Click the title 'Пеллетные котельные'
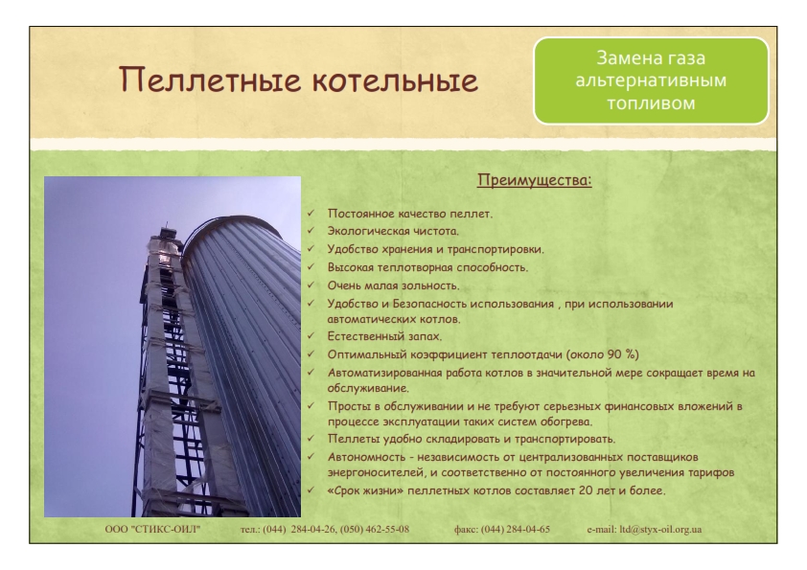(x=298, y=80)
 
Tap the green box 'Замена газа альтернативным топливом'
(x=651, y=80)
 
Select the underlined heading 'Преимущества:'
(x=534, y=180)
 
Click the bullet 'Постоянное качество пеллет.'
(x=409, y=214)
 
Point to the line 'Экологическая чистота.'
(x=393, y=231)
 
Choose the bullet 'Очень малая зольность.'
(x=393, y=285)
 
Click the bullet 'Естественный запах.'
(x=384, y=336)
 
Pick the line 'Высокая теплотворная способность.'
(x=427, y=267)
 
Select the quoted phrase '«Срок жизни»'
(x=365, y=490)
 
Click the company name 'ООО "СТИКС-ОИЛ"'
(x=152, y=529)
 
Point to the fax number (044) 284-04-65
(x=516, y=529)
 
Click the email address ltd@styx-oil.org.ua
(x=660, y=529)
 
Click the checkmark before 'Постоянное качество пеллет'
(x=311, y=213)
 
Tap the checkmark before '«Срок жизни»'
(x=311, y=490)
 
